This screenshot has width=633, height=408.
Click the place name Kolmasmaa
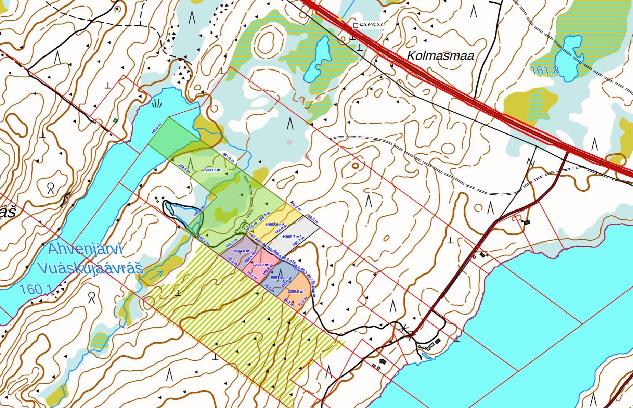click(441, 55)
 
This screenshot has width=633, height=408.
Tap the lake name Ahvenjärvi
click(85, 249)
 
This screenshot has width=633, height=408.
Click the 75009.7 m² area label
click(212, 170)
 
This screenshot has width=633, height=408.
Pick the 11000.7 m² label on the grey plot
click(292, 237)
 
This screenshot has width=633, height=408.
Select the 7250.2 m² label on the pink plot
click(261, 265)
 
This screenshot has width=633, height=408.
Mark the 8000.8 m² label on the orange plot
click(296, 291)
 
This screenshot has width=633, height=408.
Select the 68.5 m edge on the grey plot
click(313, 217)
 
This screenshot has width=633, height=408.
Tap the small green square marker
click(116, 120)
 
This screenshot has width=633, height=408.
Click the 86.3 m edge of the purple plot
click(232, 262)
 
